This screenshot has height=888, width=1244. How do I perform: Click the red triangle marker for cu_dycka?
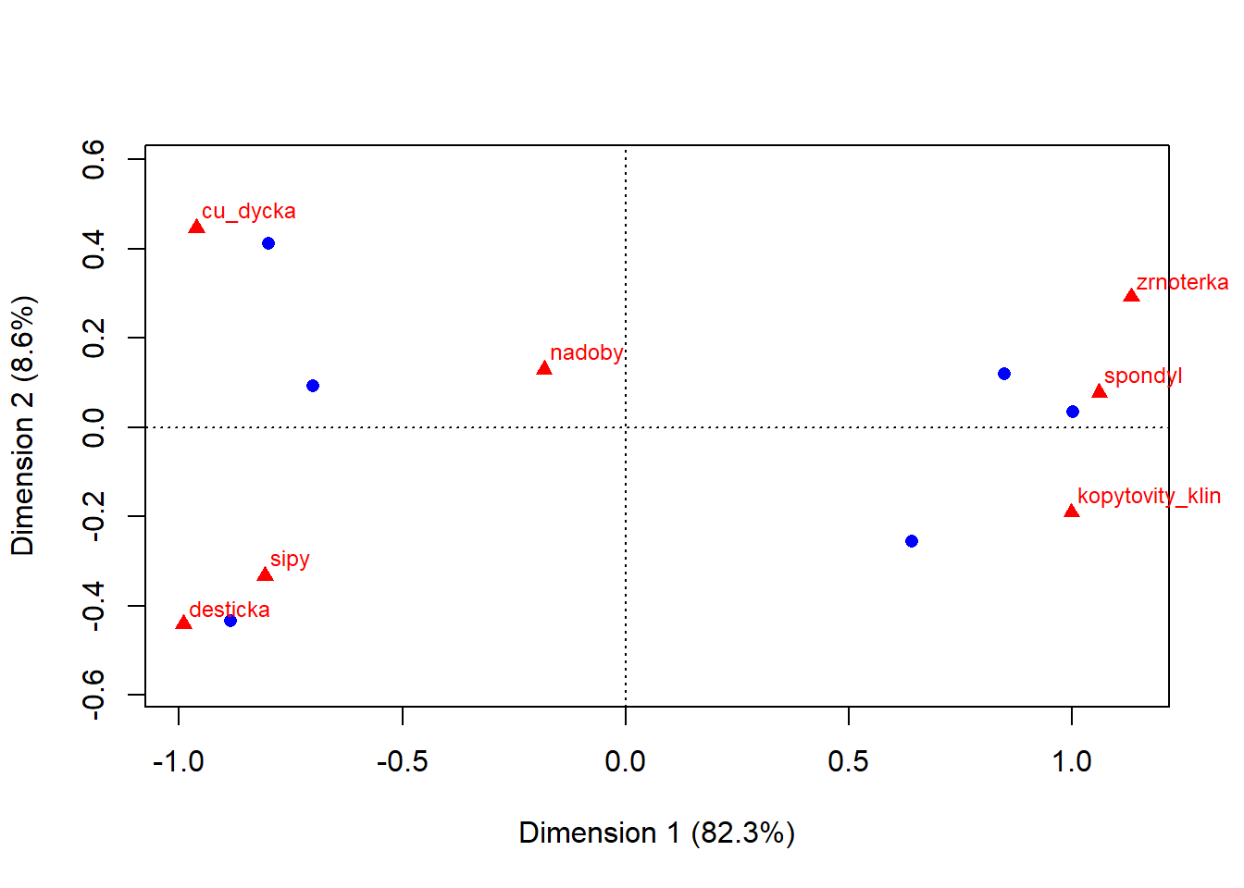(196, 228)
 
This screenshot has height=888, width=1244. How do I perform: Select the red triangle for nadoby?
(544, 369)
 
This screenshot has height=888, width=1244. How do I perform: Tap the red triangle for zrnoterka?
(1131, 296)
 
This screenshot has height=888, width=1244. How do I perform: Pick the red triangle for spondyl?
(1100, 392)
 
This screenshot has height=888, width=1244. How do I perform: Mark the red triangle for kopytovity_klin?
(1072, 512)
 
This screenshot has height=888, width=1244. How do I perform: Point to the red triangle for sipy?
(265, 575)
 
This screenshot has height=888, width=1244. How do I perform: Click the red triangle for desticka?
(183, 623)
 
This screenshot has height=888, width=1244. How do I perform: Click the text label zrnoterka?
(1182, 282)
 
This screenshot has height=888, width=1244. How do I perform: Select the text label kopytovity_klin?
(1149, 496)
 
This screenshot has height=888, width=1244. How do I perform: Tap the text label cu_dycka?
(248, 211)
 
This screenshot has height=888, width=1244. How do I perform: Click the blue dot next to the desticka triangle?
(230, 621)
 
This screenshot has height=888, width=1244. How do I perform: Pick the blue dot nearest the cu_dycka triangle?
(268, 243)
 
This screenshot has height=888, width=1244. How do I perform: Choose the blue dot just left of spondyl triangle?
(1073, 412)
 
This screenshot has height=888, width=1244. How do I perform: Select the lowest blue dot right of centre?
(912, 541)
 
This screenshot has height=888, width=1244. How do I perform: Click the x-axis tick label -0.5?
(402, 761)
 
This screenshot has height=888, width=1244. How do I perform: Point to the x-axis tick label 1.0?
(1072, 761)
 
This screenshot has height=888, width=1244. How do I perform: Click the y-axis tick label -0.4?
(93, 606)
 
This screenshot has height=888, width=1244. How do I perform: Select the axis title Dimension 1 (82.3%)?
(656, 832)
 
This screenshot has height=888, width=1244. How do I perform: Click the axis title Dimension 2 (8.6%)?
(22, 425)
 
